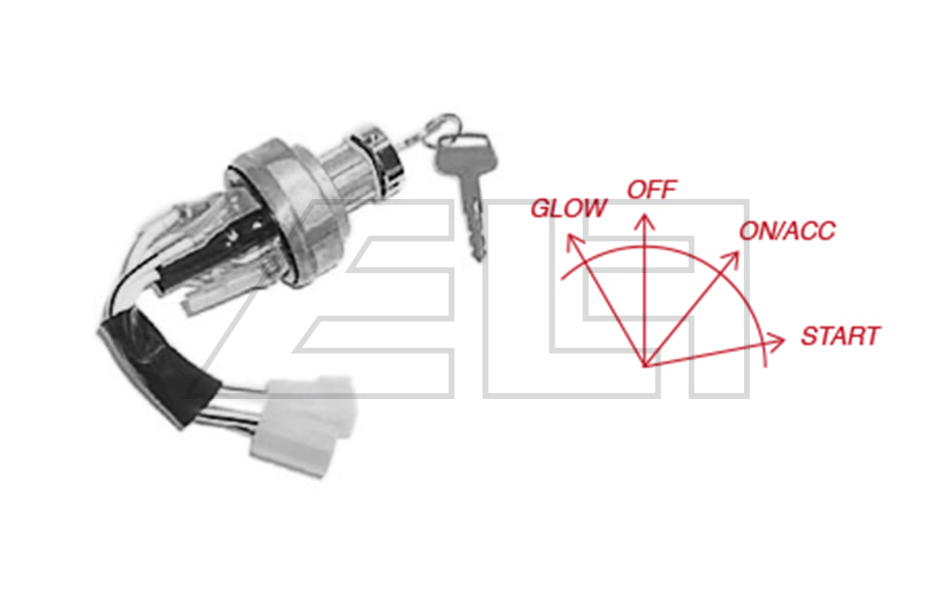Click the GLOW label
tap(568, 209)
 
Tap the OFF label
tap(652, 190)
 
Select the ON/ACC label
tap(787, 231)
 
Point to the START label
tap(840, 336)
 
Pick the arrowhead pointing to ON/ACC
tap(731, 259)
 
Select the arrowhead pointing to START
tap(776, 340)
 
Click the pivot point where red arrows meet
tap(645, 365)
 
